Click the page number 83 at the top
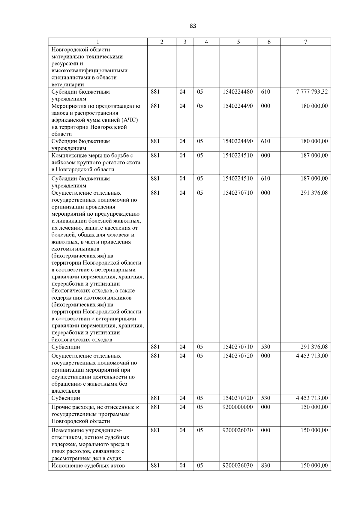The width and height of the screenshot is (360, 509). pyautogui.click(x=193, y=26)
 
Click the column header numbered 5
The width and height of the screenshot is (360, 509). pyautogui.click(x=238, y=42)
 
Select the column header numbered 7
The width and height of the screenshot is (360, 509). pyautogui.click(x=305, y=42)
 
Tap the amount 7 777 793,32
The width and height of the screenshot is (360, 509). pyautogui.click(x=312, y=92)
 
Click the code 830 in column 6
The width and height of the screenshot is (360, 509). pyautogui.click(x=265, y=466)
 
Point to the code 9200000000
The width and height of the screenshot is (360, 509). pyautogui.click(x=238, y=407)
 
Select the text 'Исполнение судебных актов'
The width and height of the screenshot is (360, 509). pyautogui.click(x=88, y=466)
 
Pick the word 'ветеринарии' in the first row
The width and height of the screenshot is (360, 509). pyautogui.click(x=67, y=85)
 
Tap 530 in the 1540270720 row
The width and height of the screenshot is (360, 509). pyautogui.click(x=265, y=398)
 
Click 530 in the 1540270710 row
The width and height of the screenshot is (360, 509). pyautogui.click(x=265, y=347)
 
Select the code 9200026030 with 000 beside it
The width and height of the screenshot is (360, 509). pyautogui.click(x=238, y=430)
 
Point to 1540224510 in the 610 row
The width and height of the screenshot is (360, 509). pyautogui.click(x=238, y=178)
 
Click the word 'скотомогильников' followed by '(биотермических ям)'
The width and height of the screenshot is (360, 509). pyautogui.click(x=75, y=249)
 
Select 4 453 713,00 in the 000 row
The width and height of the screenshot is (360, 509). pyautogui.click(x=312, y=356)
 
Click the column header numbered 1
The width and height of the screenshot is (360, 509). pyautogui.click(x=98, y=42)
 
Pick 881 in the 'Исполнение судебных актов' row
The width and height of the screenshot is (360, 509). pyautogui.click(x=155, y=466)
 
